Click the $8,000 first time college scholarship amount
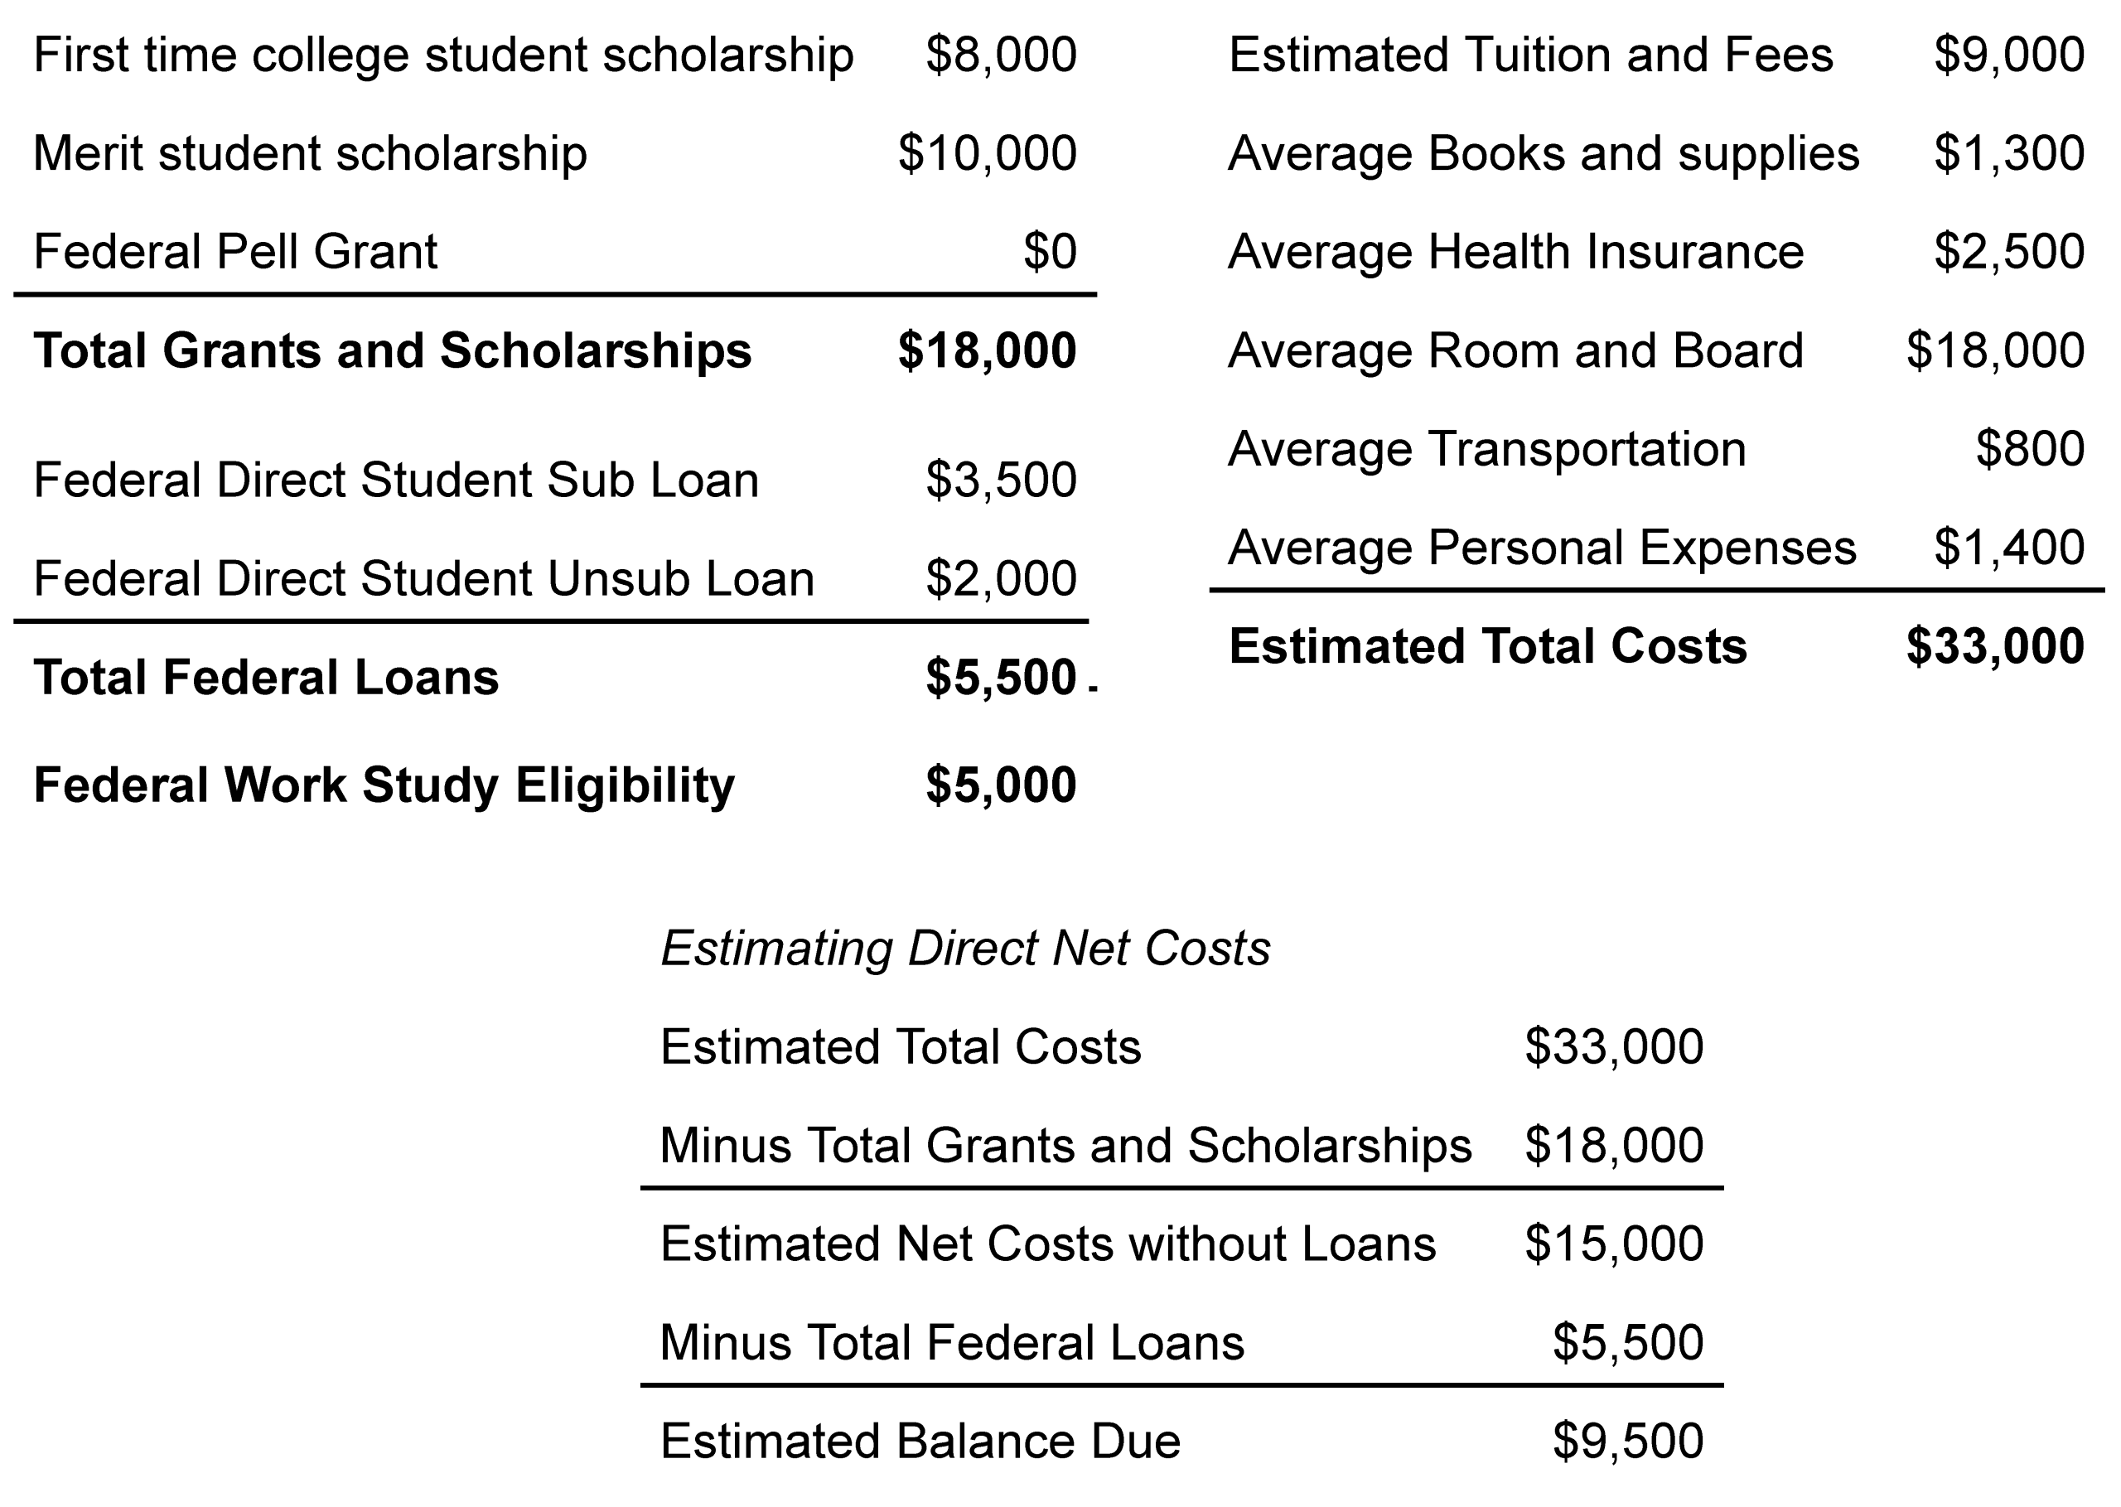tap(1000, 56)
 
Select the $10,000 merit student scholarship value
tap(986, 154)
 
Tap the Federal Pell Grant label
tap(234, 253)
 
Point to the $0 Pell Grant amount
tap(1050, 253)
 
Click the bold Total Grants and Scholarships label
tap(392, 352)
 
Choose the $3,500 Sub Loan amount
tap(1000, 481)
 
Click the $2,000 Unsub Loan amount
tap(1000, 579)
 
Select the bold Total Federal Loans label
tap(265, 679)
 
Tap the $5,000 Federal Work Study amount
tap(1000, 786)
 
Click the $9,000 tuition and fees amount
tap(2008, 56)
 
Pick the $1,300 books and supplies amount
tap(2008, 154)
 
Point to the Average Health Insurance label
tap(1515, 253)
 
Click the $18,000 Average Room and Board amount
tap(1995, 352)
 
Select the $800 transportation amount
tap(2030, 450)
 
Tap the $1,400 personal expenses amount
tap(2008, 548)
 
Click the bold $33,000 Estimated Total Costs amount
tap(1995, 647)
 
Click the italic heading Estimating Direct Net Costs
tap(965, 949)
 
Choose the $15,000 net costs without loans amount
tap(1613, 1244)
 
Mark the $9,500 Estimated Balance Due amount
tap(1627, 1442)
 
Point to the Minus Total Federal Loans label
tap(952, 1344)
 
